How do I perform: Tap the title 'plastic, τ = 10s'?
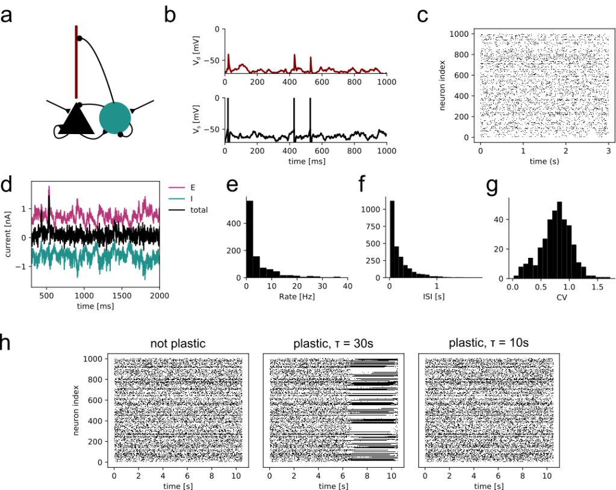click(488, 344)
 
